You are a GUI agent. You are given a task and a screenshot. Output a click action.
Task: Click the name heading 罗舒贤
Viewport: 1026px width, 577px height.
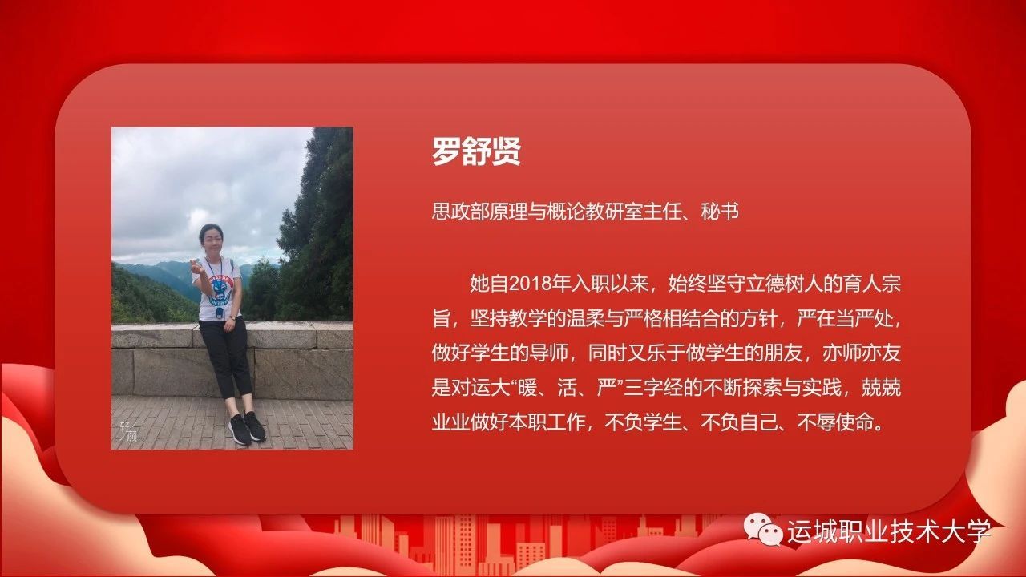[476, 151]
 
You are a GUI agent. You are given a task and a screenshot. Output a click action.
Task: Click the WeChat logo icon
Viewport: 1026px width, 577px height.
[762, 530]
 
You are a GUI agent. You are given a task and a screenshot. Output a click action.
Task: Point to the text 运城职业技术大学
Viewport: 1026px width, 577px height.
[890, 531]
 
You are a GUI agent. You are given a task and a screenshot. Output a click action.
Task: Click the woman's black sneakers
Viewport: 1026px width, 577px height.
[247, 428]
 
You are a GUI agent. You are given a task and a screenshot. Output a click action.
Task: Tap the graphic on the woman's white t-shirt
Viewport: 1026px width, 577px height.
[221, 289]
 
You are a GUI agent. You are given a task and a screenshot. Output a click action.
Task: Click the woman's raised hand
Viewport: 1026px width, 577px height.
[197, 265]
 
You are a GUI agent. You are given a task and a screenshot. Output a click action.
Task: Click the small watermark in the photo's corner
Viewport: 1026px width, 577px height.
[128, 431]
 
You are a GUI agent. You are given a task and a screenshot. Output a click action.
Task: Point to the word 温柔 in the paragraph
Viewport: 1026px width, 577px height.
[586, 319]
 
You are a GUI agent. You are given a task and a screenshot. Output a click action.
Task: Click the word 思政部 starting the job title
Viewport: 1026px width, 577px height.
[460, 212]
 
